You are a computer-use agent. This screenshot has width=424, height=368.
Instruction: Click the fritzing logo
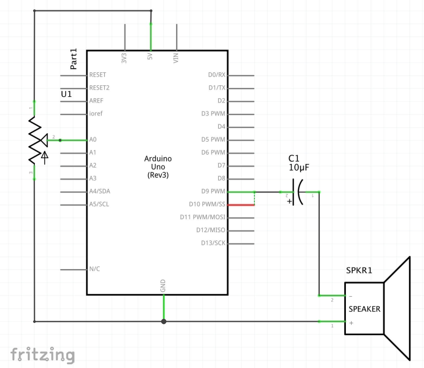(42, 355)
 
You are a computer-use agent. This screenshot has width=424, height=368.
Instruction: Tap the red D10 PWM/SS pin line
(241, 205)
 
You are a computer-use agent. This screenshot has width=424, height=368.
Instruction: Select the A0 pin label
(93, 140)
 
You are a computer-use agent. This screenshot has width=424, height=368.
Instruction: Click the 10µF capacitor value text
(299, 167)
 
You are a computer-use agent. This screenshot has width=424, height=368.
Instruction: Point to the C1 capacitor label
(294, 158)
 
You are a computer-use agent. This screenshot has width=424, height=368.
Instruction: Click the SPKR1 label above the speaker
(359, 270)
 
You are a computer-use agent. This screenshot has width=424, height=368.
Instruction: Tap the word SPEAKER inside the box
(364, 309)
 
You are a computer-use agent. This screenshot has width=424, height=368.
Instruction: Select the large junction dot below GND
(164, 321)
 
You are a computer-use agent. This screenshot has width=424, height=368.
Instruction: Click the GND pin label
(163, 286)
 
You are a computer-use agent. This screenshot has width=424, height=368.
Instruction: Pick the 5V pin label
(150, 56)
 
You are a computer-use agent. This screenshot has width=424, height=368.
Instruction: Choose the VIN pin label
(176, 58)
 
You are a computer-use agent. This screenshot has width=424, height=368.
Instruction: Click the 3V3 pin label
(124, 58)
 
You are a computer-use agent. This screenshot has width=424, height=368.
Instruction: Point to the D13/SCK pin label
(213, 243)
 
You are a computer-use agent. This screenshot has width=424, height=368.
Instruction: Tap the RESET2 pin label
(99, 88)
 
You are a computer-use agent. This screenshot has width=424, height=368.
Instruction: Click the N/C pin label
(94, 269)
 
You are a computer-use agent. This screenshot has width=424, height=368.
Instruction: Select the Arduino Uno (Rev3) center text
(158, 167)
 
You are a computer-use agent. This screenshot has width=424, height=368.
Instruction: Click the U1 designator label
(66, 94)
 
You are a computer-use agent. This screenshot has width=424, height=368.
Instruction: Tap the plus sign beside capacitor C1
(289, 201)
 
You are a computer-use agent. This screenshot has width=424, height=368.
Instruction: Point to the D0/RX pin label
(216, 75)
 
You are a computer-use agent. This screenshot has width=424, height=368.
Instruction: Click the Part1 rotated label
(74, 59)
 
